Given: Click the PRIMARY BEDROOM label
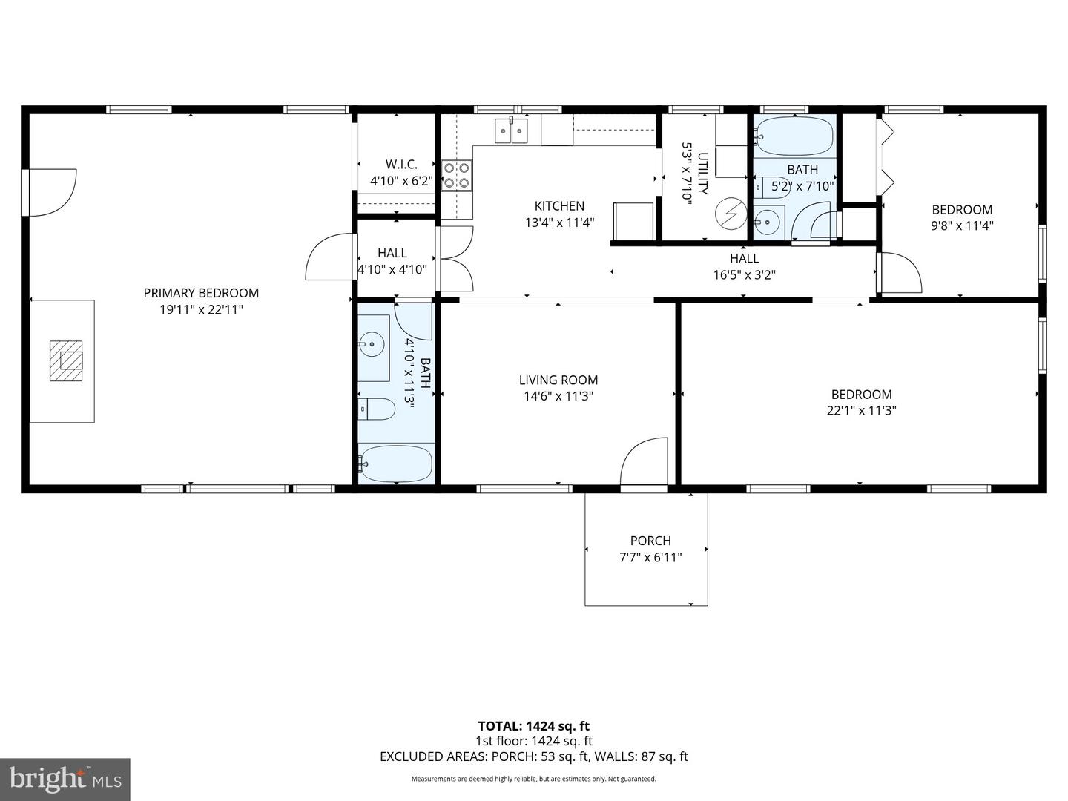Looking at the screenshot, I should click(201, 293).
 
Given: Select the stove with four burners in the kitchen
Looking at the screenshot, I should click(457, 175).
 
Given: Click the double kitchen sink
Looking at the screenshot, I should click(511, 131).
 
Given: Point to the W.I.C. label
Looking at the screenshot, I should click(401, 165).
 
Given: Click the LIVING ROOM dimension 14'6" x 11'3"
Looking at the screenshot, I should click(558, 396).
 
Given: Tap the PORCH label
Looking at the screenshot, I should click(650, 541).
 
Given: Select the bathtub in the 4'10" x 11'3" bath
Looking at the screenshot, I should click(395, 464).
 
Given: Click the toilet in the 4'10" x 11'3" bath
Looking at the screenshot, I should click(378, 409).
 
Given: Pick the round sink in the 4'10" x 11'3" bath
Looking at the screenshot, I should click(372, 343).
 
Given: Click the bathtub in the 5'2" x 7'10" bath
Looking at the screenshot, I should click(794, 135).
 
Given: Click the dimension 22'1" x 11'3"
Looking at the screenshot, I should click(861, 410).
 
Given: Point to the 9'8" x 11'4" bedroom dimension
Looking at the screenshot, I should click(962, 225).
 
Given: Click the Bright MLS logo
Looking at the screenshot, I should click(65, 779).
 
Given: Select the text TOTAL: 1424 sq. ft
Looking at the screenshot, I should click(533, 726).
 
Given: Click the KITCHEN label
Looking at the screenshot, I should click(559, 206).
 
